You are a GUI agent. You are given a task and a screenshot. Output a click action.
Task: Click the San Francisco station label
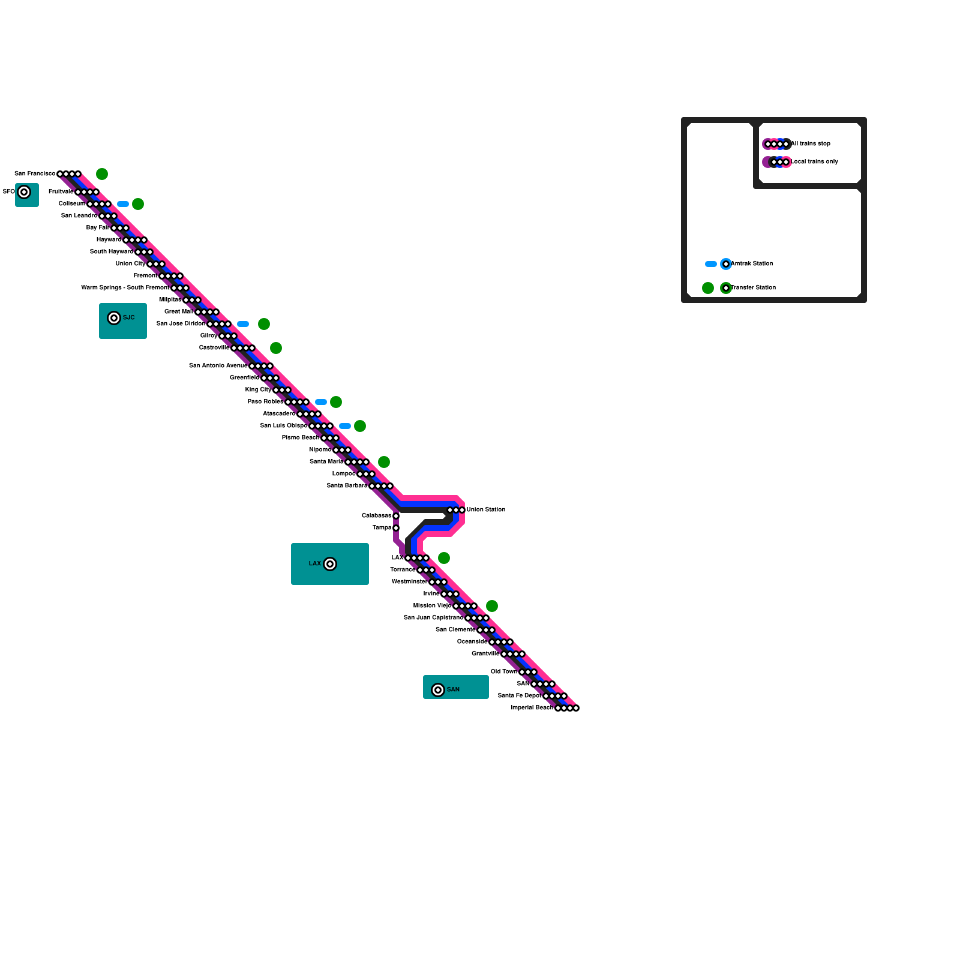point(35,174)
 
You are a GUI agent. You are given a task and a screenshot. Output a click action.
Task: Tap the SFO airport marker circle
point(24,192)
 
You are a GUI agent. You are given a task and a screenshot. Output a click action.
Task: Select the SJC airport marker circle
point(114,318)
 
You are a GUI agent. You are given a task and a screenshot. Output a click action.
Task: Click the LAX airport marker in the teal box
point(330,564)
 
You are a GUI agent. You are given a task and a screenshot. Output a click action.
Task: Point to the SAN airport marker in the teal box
point(438,690)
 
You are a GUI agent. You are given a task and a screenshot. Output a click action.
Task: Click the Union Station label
point(486,510)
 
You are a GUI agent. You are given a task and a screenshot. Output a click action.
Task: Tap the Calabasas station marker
point(396,516)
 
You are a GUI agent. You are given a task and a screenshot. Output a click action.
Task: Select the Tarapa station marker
point(396,528)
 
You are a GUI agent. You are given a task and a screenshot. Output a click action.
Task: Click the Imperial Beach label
point(532,708)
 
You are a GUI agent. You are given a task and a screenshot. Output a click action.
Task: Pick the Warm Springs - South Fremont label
point(125,288)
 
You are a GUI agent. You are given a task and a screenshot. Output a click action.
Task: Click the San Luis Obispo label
point(284,426)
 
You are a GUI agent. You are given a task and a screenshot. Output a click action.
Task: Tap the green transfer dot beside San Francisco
point(102,174)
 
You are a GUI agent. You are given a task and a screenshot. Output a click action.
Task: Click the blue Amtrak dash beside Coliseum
point(123,204)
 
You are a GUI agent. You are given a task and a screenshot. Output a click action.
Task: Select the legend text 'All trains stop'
point(811,144)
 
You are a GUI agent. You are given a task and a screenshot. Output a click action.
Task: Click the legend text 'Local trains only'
point(814,162)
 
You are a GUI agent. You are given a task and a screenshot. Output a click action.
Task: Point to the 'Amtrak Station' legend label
point(752,264)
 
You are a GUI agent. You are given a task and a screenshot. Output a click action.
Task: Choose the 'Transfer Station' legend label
point(754,288)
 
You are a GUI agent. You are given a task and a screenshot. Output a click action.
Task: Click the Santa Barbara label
point(347,486)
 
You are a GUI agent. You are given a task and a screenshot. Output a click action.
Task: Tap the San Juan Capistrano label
point(433,618)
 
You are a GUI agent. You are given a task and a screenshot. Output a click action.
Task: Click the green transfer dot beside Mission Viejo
point(492,606)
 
